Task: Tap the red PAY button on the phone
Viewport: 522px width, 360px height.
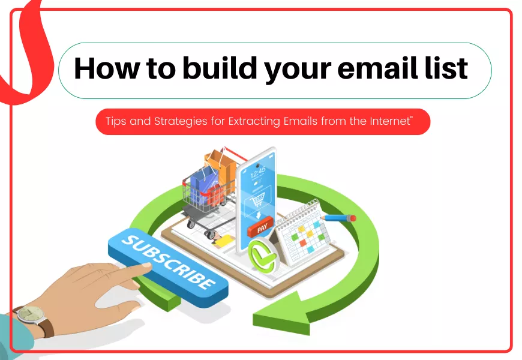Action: click(x=261, y=229)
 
